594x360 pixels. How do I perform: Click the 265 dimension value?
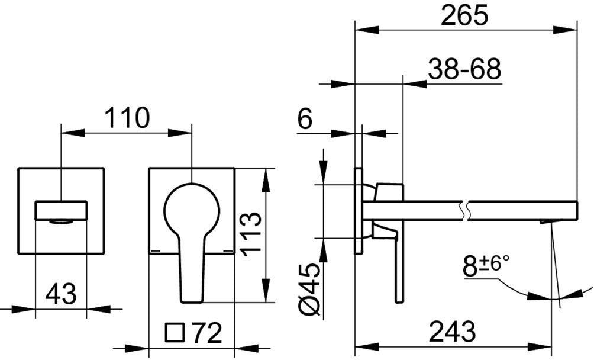coord(464,16)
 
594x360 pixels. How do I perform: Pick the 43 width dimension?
coord(60,294)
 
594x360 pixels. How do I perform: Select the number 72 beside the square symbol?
coord(206,333)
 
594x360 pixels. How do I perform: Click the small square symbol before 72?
coord(175,333)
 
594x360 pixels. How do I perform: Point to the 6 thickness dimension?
coord(305,118)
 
